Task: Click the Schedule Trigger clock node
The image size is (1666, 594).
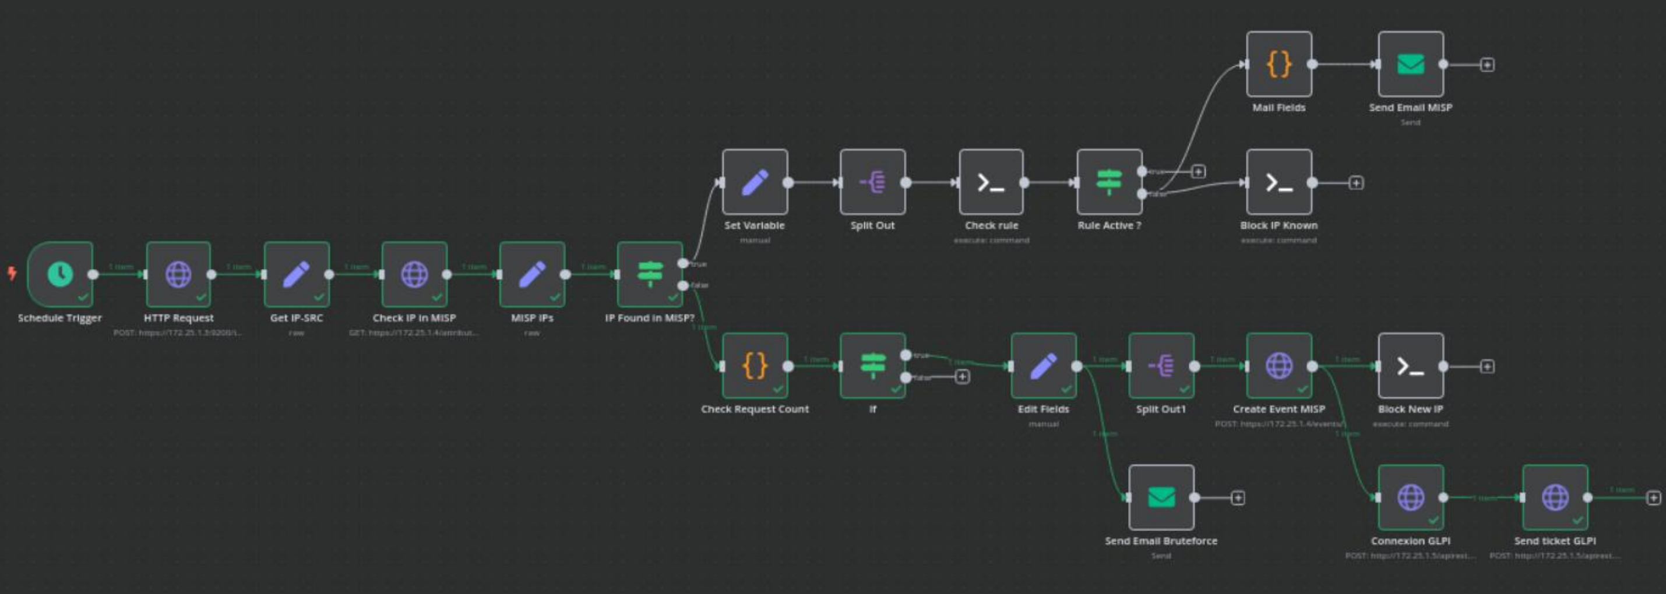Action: tap(60, 274)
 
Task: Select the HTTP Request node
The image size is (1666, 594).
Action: tap(178, 274)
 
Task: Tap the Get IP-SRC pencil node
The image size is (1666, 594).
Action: tap(296, 274)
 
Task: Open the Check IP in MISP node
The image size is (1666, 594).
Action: tap(414, 274)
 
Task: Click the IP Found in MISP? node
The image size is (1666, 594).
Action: tap(650, 274)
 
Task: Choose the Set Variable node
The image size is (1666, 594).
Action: tap(755, 182)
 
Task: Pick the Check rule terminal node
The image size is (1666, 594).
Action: tap(991, 182)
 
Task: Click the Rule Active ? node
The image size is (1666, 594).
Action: tap(1109, 182)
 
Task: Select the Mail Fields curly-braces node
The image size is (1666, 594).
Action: tap(1278, 64)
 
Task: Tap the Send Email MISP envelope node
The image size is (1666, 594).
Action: tap(1411, 64)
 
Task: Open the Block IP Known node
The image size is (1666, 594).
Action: tap(1278, 182)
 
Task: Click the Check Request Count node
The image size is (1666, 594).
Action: tap(755, 366)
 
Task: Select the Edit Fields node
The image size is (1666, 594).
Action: tap(1043, 366)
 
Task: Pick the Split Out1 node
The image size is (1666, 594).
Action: tap(1161, 366)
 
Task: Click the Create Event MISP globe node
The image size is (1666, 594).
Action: tap(1278, 366)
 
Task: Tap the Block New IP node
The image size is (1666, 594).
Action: tap(1411, 366)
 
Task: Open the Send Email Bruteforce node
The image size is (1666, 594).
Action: tap(1161, 498)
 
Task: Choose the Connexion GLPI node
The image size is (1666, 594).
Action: tap(1411, 498)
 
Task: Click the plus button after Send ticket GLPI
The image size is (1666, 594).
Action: tap(1653, 498)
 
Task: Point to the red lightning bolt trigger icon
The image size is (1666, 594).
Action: tap(12, 273)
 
